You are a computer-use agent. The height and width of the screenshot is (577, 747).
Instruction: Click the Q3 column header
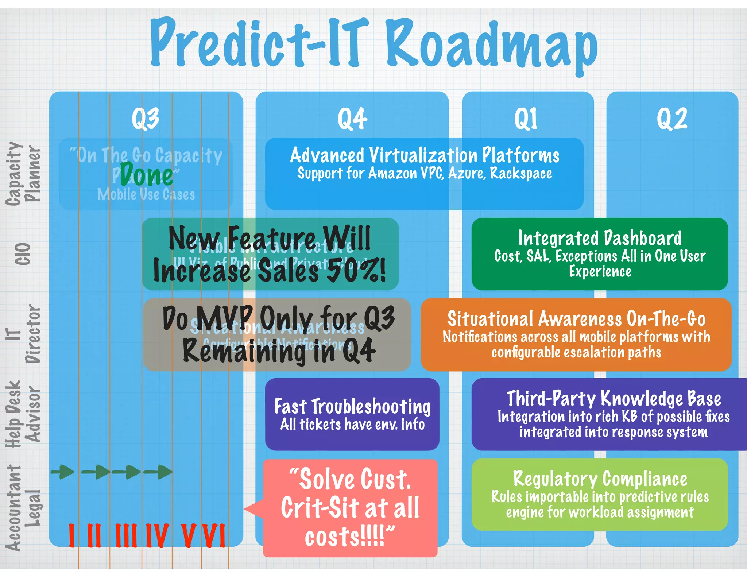click(146, 119)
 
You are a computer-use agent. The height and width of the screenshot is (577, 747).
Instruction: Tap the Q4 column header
click(352, 119)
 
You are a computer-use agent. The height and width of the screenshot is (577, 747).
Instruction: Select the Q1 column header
click(526, 119)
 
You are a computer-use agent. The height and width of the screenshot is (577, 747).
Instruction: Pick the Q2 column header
click(672, 119)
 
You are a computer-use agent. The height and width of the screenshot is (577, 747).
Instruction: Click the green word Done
click(147, 176)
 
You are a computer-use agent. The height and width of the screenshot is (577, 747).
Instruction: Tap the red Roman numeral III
click(126, 535)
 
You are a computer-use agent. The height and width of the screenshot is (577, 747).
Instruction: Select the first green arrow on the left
click(63, 472)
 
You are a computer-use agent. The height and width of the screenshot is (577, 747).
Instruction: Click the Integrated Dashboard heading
click(600, 238)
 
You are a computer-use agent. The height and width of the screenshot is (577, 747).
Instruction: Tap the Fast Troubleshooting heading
click(352, 406)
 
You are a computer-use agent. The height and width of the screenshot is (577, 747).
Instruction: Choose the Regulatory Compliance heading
click(600, 479)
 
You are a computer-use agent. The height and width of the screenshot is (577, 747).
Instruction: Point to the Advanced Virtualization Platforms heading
click(424, 155)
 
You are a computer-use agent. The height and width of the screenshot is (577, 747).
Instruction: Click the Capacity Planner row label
click(23, 174)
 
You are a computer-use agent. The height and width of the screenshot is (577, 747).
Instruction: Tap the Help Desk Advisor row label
click(23, 414)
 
